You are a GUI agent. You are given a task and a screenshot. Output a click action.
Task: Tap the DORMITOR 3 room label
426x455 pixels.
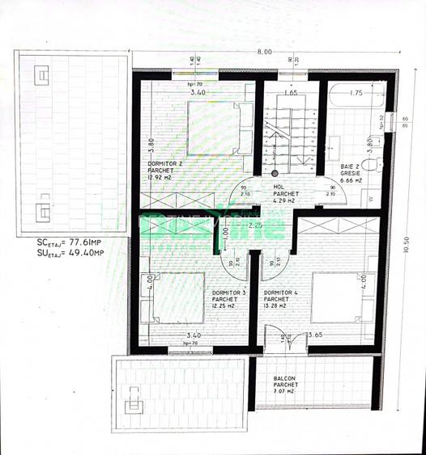click(227, 293)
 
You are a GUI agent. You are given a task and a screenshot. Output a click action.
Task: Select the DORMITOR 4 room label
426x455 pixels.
click(279, 293)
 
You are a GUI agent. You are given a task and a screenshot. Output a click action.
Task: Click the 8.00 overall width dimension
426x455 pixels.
click(264, 52)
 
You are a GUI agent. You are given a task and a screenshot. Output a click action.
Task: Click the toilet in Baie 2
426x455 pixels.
click(372, 165)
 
